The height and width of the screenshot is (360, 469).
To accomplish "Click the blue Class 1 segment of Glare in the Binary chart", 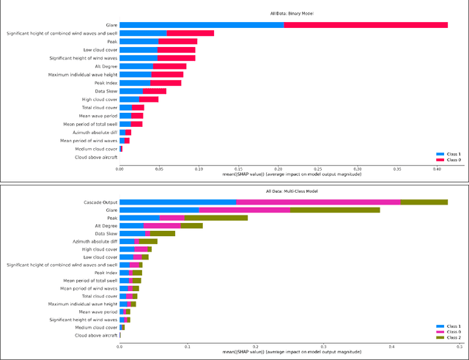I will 202,25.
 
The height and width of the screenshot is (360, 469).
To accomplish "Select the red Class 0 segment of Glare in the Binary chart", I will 366,25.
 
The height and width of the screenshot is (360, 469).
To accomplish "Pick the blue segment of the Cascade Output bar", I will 177,202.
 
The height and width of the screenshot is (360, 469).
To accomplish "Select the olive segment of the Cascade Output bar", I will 424,202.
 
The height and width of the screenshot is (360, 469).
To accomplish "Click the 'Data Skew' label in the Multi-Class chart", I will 103,234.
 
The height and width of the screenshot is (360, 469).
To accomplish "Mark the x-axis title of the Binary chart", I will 284,173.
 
